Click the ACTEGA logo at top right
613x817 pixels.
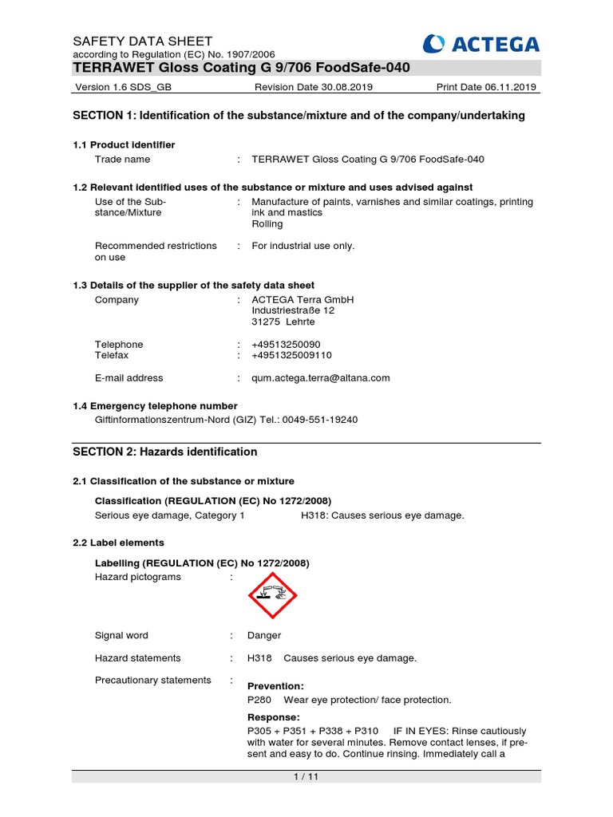[x=481, y=44]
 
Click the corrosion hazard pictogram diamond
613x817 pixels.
[x=273, y=595]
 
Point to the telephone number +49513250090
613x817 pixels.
[x=286, y=345]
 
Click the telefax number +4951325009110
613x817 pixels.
[x=291, y=355]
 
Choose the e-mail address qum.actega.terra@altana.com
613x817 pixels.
[x=321, y=378]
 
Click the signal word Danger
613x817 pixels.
[x=264, y=636]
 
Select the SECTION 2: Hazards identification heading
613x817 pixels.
[x=164, y=452]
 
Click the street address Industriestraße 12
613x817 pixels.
[x=293, y=310]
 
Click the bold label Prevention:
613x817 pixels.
[x=275, y=686]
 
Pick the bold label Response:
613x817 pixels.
[x=274, y=717]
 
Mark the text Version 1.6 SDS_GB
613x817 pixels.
[x=123, y=87]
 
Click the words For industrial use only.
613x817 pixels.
[x=303, y=246]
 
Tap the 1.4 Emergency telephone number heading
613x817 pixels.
[x=155, y=406]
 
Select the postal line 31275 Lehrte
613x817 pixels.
[x=283, y=322]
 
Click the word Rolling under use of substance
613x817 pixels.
[x=267, y=224]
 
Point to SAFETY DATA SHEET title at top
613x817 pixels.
[x=142, y=41]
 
